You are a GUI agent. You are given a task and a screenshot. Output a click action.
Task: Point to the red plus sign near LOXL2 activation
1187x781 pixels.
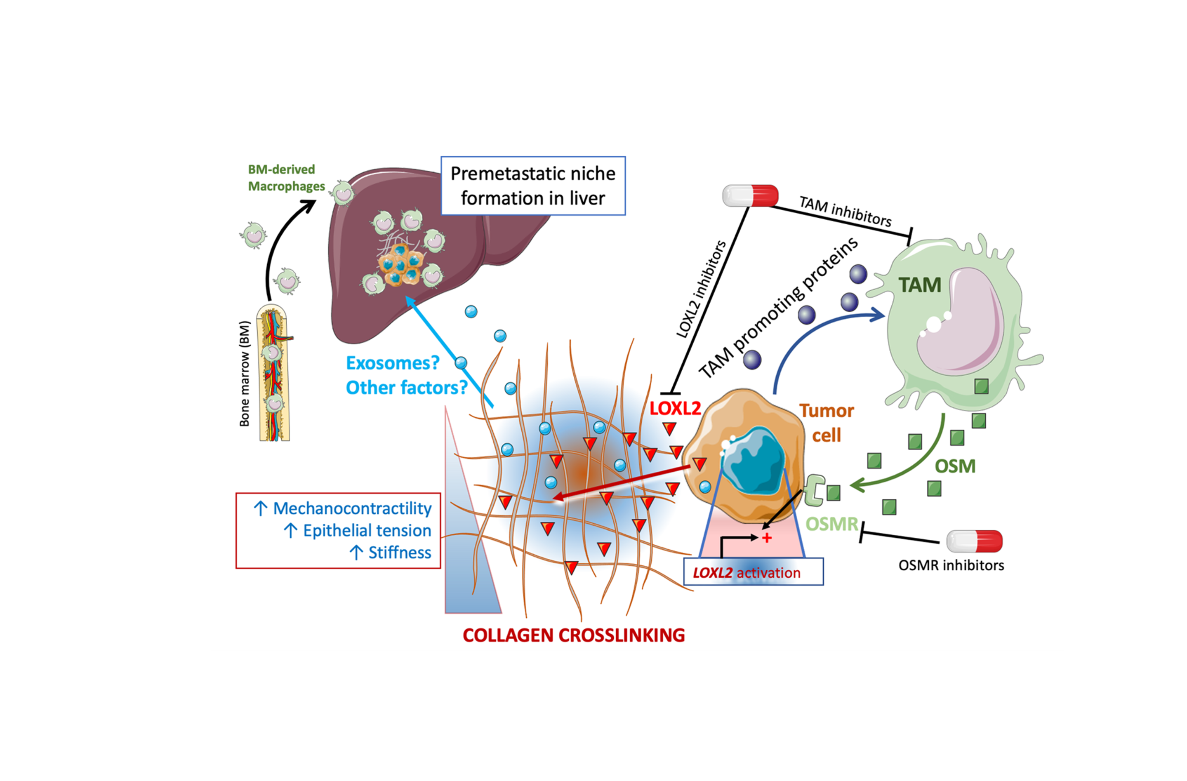point(767,538)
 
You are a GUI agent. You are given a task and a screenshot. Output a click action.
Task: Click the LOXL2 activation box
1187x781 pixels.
point(753,572)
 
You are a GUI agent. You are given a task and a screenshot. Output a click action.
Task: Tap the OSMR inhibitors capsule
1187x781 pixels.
point(974,541)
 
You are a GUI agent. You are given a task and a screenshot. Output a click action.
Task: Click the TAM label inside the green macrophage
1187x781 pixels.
point(920,285)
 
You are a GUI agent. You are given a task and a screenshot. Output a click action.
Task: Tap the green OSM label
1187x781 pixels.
point(954,466)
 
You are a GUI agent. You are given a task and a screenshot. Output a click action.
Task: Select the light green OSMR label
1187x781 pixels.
point(831,524)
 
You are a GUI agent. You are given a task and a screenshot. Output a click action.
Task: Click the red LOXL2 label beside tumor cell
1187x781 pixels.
point(675,409)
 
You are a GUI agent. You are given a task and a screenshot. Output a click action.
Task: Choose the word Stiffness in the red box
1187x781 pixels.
point(400,553)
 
